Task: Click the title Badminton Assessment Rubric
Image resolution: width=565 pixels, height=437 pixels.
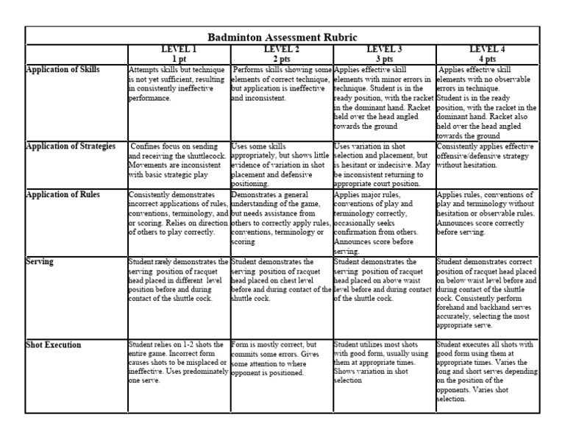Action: (x=282, y=35)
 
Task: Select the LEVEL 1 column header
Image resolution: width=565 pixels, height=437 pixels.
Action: (x=179, y=49)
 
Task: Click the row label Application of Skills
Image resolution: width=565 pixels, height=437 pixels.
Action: (x=63, y=70)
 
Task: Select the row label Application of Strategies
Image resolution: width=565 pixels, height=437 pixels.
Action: (x=71, y=146)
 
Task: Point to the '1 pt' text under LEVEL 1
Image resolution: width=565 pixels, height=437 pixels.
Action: (x=179, y=58)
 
